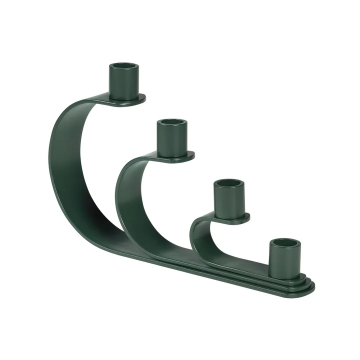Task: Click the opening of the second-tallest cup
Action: [171, 122]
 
